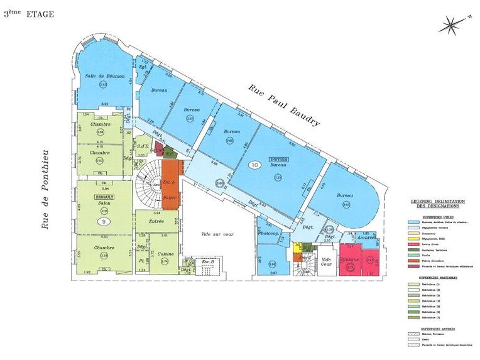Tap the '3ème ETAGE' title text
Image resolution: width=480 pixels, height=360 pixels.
tap(29, 14)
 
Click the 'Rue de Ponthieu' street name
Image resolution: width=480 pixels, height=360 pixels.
tap(45, 188)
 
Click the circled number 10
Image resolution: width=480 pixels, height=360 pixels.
tap(254, 165)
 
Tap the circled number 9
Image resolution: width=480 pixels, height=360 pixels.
tap(102, 221)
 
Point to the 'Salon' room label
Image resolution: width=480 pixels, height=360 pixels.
tap(104, 202)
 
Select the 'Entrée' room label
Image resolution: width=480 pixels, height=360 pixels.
tap(156, 221)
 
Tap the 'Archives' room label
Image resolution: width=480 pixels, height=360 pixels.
tap(366, 237)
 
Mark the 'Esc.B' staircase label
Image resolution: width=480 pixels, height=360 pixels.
tap(207, 261)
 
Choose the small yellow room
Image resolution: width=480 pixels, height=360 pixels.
tap(299, 247)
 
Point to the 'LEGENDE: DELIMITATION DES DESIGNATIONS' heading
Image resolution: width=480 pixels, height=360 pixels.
tap(435, 203)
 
